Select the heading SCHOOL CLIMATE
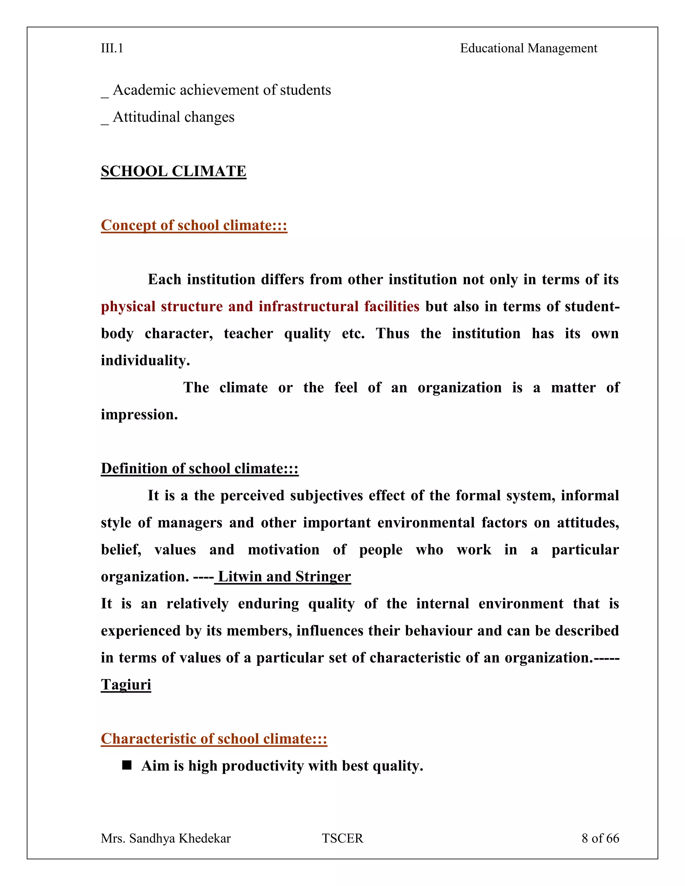coord(173,171)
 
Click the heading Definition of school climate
coord(199,468)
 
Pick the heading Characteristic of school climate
coord(213,739)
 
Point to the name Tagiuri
coord(126,685)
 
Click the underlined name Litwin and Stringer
coord(284,576)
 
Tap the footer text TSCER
coord(342,838)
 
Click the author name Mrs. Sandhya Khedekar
coord(166,838)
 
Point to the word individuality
coord(145,360)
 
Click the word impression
coord(139,415)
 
